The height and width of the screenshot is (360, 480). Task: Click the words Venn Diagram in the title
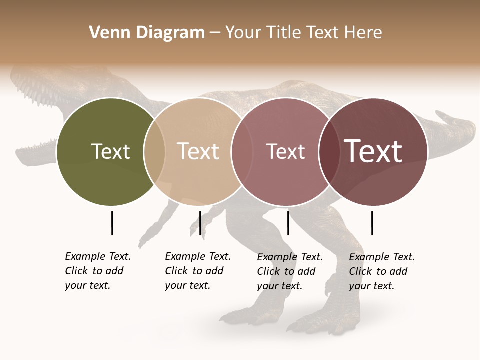[x=147, y=33]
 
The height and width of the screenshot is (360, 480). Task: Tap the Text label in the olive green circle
[x=110, y=151]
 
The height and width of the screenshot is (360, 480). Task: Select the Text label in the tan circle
[x=198, y=151]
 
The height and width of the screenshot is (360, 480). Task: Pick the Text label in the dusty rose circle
[x=285, y=151]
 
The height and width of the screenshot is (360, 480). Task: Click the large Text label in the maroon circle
[x=373, y=151]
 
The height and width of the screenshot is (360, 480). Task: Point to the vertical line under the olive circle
[x=112, y=223]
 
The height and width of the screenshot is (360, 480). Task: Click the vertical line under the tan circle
[x=200, y=223]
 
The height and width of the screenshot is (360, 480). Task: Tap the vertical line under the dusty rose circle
[x=288, y=223]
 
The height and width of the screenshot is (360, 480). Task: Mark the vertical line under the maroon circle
[x=372, y=223]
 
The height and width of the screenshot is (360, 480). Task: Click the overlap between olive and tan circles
[x=154, y=152]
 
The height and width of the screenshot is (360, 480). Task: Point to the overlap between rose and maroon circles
[x=328, y=152]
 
